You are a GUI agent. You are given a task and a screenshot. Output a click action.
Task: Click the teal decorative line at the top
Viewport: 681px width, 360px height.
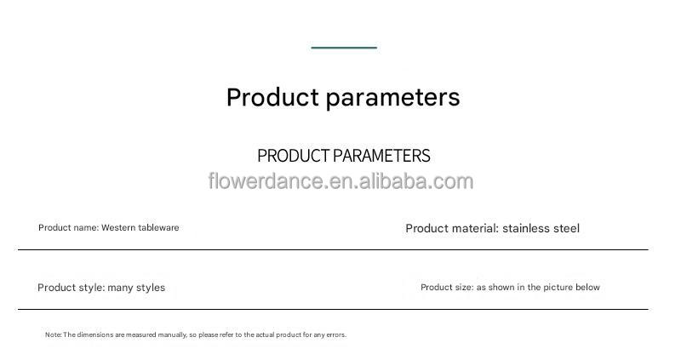[x=344, y=48]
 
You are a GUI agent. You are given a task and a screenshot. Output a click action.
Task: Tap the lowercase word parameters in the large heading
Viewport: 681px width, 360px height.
[x=392, y=98]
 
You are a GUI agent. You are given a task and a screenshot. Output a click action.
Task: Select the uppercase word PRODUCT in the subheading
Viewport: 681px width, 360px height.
[x=293, y=156]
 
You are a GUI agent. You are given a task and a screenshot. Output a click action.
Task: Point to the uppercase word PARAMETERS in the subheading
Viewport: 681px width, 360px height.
[x=381, y=156]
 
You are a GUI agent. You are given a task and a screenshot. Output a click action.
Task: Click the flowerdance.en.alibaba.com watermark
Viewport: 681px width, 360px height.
[x=340, y=181]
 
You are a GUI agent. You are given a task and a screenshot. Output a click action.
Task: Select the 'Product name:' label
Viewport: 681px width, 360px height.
[x=68, y=228]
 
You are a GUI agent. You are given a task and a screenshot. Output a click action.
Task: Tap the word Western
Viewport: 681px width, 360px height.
[x=119, y=228]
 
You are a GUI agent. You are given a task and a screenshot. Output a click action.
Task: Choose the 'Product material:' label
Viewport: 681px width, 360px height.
[x=451, y=228]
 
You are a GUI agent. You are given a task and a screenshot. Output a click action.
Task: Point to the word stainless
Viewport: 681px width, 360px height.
[x=526, y=228]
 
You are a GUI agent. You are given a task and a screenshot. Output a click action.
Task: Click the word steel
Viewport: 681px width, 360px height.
[x=566, y=228]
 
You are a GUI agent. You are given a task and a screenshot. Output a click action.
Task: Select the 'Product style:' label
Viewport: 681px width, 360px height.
[x=71, y=288]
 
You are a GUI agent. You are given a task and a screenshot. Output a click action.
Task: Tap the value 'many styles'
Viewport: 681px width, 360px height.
[x=136, y=288]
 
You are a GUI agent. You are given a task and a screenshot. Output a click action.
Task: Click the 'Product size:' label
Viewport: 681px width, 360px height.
[x=447, y=288]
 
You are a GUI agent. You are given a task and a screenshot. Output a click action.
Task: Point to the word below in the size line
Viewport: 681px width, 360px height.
[x=587, y=288]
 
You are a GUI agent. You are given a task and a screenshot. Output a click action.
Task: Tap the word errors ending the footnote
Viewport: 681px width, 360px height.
[x=335, y=335]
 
